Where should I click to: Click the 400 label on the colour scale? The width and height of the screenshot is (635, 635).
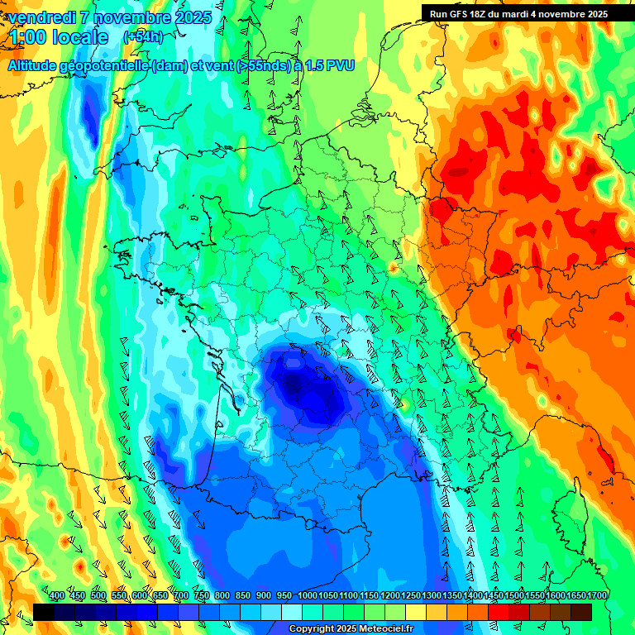point(57,595)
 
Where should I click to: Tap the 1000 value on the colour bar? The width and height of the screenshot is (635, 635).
point(308,595)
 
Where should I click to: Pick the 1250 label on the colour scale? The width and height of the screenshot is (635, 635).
point(411,595)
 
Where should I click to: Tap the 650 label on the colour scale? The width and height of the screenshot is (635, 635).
point(160,595)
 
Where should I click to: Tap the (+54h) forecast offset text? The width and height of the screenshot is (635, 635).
point(143,37)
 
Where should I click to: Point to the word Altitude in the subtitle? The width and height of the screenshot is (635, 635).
point(38,66)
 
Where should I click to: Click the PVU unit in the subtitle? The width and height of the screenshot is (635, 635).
point(341,66)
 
